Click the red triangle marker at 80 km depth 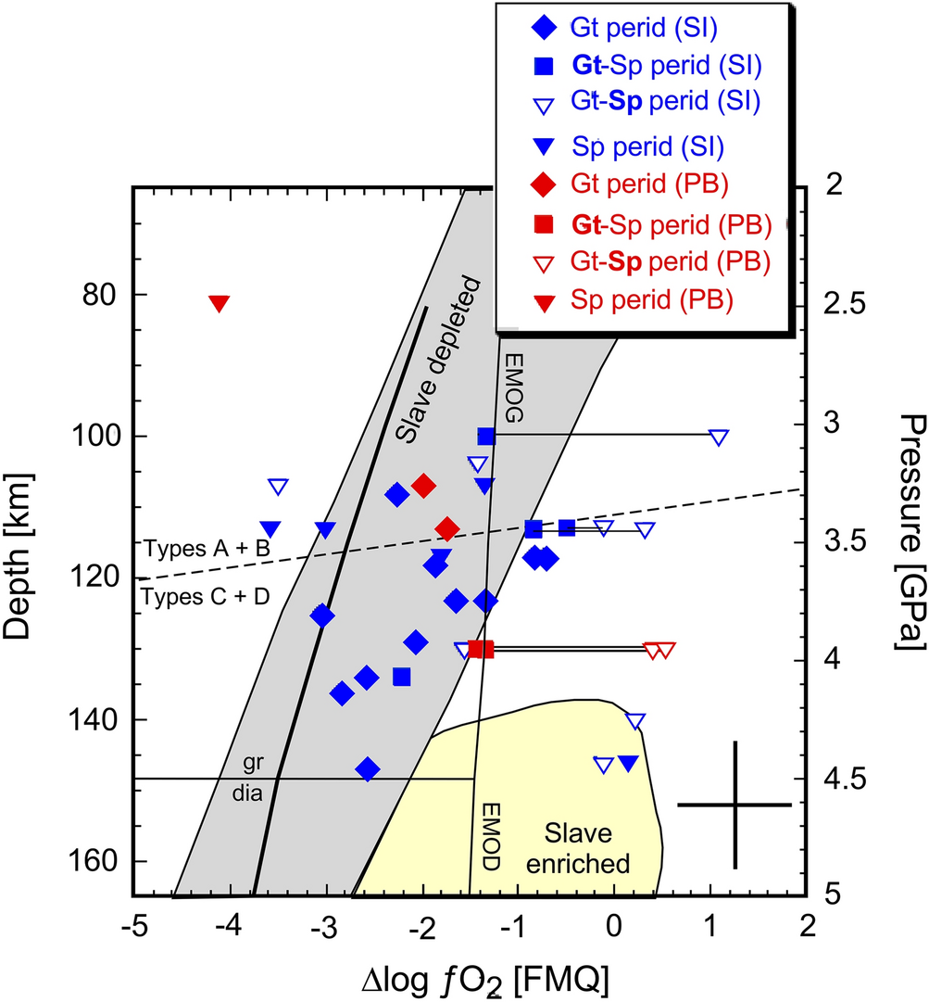[x=219, y=302]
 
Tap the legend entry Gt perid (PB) [x=626, y=184]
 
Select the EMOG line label [x=515, y=387]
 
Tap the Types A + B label [x=207, y=548]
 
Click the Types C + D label [x=205, y=596]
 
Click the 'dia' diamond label [x=245, y=793]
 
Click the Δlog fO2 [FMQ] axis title [x=471, y=975]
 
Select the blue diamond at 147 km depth [x=368, y=768]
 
